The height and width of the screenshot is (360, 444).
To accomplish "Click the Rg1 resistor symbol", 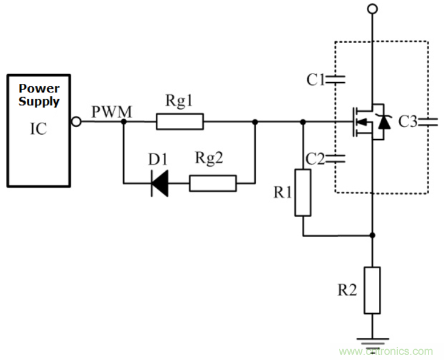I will click(179, 122).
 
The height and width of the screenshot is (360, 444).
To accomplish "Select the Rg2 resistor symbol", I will click(212, 183).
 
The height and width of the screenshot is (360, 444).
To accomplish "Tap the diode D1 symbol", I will click(159, 183).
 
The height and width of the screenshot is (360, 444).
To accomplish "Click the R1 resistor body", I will click(302, 192).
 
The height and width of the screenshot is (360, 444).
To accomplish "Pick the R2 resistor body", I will click(372, 290).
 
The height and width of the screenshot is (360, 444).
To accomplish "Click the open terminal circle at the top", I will click(372, 9).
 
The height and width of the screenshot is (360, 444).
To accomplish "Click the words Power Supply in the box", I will click(39, 95).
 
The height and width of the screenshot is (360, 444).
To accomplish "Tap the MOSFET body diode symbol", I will click(385, 122).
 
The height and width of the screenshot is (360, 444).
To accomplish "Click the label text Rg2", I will click(209, 159).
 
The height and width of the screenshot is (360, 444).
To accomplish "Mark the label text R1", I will click(282, 192).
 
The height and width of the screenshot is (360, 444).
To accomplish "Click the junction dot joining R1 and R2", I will click(372, 235).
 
